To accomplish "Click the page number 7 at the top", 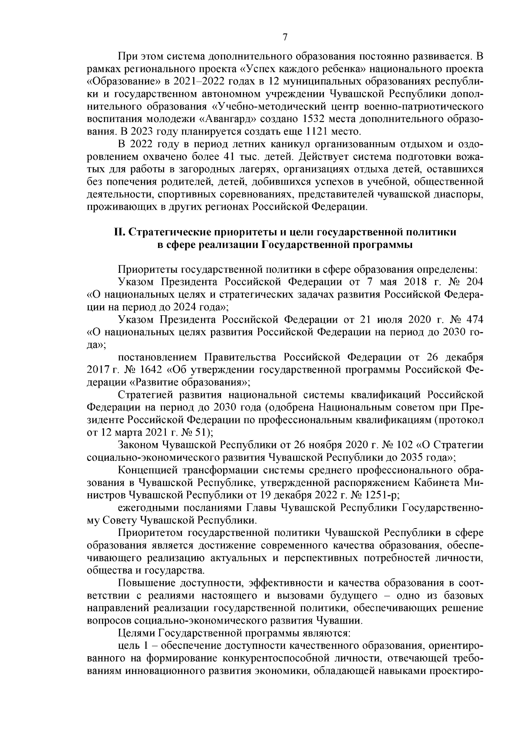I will click(285, 37).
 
